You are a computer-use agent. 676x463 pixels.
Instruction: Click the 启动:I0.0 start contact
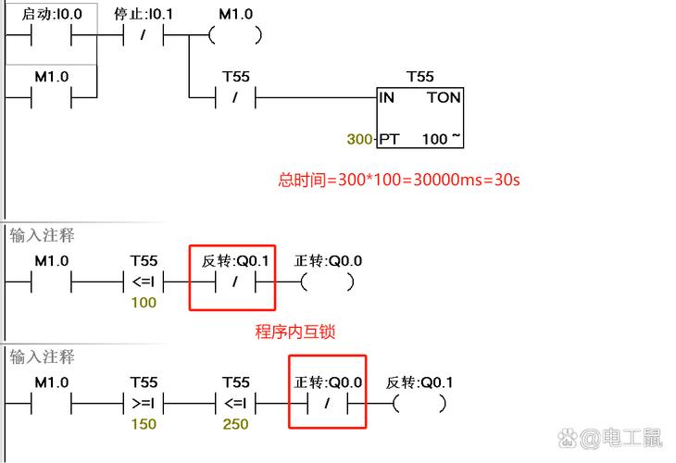(51, 36)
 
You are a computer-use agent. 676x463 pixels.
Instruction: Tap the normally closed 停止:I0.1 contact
(143, 36)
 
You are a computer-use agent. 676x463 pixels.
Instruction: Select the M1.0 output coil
(234, 36)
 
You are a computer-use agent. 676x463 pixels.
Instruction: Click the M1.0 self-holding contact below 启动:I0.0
(51, 97)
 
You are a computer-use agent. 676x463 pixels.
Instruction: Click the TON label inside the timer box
(443, 97)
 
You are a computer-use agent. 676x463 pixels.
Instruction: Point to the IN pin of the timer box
(387, 97)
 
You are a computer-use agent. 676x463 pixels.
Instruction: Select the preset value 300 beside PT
(359, 140)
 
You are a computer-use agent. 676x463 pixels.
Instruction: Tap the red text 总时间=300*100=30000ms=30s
(399, 180)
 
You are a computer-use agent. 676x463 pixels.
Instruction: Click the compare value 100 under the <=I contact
(144, 303)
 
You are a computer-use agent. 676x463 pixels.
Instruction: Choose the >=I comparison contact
(144, 404)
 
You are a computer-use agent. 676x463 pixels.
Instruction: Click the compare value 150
(144, 424)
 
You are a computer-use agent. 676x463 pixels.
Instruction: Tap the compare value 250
(235, 424)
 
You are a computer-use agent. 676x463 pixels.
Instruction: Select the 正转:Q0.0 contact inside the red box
(327, 404)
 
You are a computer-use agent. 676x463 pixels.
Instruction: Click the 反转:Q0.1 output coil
(419, 404)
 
